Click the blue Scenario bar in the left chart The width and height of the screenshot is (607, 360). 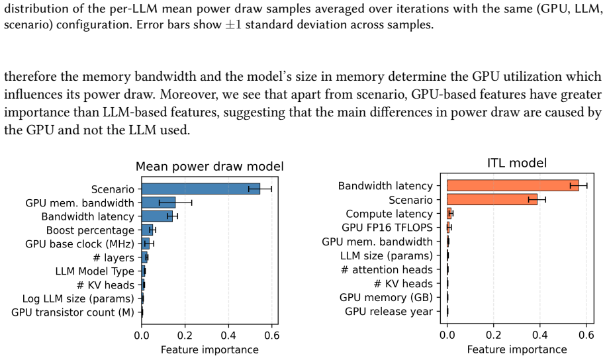(201, 189)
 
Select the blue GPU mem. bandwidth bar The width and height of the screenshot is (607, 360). (158, 202)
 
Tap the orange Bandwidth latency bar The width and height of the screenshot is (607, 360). (512, 185)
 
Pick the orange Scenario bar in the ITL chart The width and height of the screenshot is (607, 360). (492, 199)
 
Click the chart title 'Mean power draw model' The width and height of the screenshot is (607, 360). (209, 167)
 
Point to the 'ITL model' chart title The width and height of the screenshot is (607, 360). (517, 163)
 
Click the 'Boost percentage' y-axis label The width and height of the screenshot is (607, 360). (90, 230)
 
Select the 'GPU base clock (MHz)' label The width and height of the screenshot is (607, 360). (79, 244)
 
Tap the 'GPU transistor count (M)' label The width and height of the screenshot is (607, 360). (73, 312)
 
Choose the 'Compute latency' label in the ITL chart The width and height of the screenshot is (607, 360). (389, 214)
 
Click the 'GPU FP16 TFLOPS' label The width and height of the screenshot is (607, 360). (387, 228)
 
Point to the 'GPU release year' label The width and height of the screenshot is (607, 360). (389, 311)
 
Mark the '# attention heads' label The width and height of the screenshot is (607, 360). (387, 269)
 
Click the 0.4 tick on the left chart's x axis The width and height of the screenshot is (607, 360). (228, 336)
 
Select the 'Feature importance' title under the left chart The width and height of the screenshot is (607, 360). (209, 349)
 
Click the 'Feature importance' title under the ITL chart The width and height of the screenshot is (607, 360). (517, 349)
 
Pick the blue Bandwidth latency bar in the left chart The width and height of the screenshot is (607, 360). (157, 216)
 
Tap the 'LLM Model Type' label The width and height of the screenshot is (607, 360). (95, 271)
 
